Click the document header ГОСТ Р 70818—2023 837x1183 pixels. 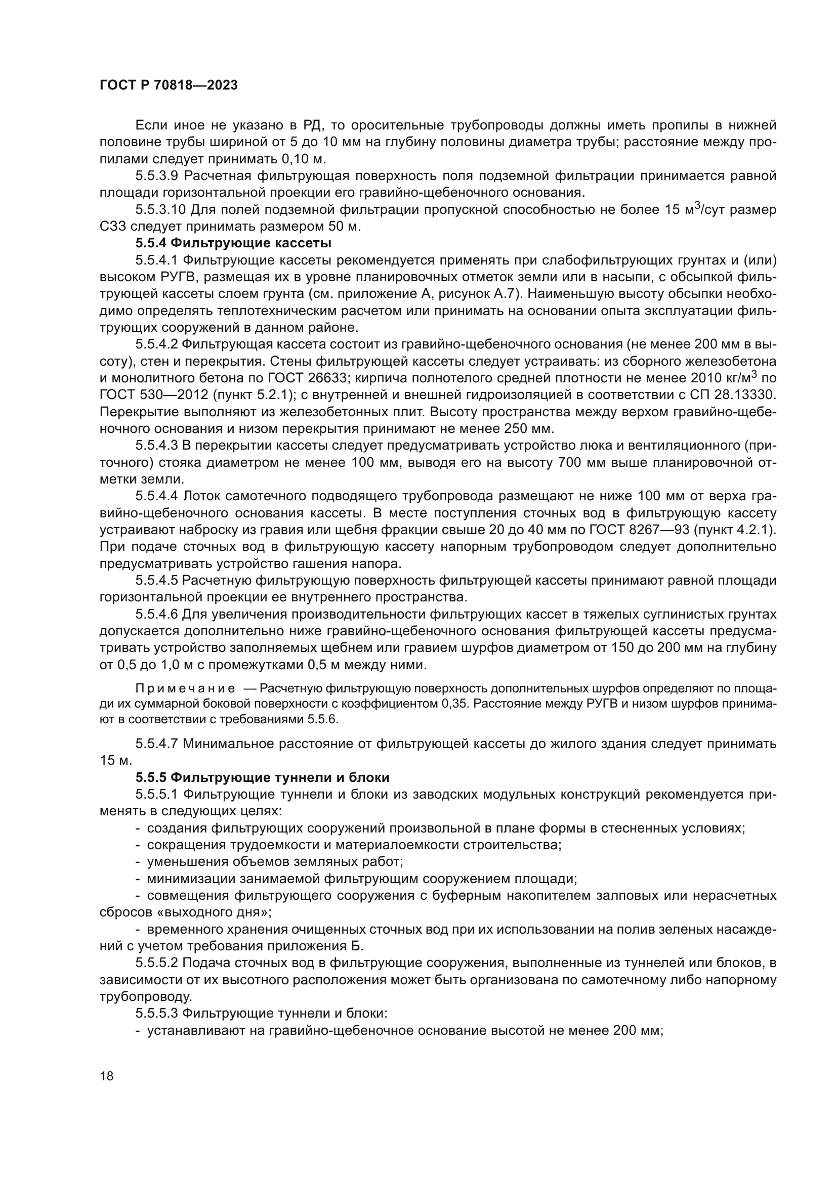pyautogui.click(x=169, y=85)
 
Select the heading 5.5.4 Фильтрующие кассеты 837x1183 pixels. pyautogui.click(x=233, y=243)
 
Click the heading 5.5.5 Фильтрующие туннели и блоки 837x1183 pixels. pyautogui.click(x=262, y=777)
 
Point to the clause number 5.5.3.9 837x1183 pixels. pyautogui.click(x=157, y=176)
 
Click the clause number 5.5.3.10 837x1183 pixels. pyautogui.click(x=160, y=210)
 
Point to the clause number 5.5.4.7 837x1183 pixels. pyautogui.click(x=157, y=743)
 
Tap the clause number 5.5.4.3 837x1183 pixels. pyautogui.click(x=157, y=445)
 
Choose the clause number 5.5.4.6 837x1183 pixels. pyautogui.click(x=157, y=614)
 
